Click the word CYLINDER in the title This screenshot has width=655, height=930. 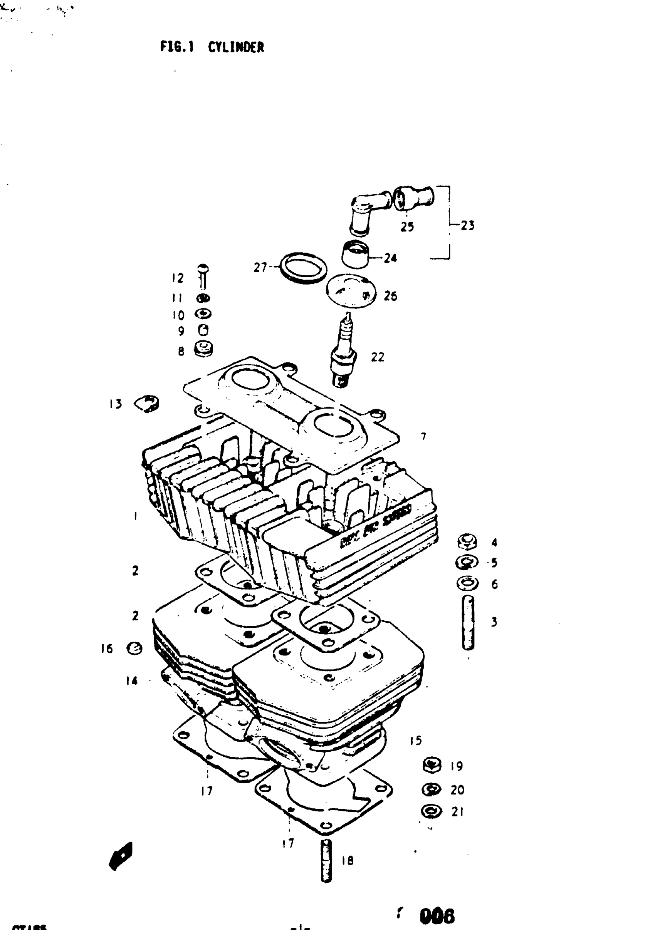tap(236, 47)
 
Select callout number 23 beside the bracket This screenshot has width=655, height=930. tap(467, 225)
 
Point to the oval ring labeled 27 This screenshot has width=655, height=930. tap(304, 268)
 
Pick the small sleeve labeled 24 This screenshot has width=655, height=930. tap(356, 255)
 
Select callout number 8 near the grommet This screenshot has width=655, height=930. tap(181, 351)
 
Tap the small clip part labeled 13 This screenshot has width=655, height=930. tap(147, 404)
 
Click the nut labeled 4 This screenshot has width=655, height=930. tap(467, 541)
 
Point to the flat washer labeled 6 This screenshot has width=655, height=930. tap(467, 584)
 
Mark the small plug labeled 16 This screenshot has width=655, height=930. tap(134, 648)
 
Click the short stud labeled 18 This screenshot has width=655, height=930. tap(326, 860)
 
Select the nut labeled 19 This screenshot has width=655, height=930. tap(432, 765)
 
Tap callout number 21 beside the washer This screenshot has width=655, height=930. tap(457, 811)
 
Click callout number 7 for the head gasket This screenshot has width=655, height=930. tap(423, 436)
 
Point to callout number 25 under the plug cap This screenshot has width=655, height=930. tap(407, 226)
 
